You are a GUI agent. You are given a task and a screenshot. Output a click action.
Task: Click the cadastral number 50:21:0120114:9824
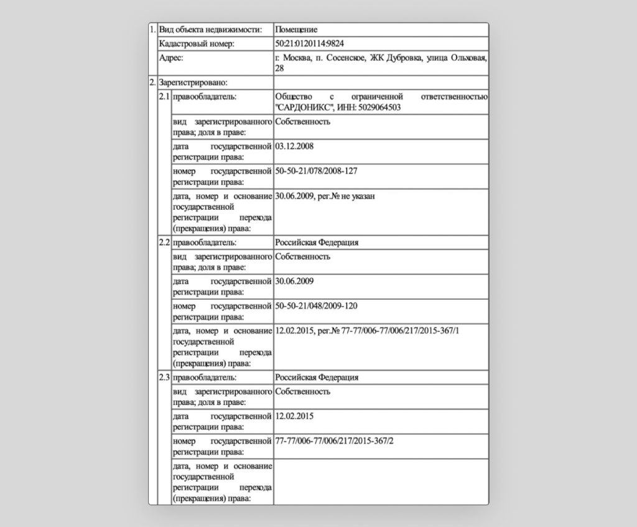[x=309, y=44]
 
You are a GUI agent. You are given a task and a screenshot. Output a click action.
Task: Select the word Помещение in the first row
[x=296, y=30]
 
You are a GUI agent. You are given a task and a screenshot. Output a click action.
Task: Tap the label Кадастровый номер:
[x=196, y=44]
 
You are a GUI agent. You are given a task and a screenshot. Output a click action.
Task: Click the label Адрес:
[x=171, y=58]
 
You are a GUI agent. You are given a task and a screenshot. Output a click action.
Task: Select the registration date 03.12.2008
[x=294, y=147]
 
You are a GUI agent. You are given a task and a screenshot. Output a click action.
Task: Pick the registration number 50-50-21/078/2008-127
[x=316, y=171]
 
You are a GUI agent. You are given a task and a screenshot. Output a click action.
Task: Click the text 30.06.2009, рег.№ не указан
[x=325, y=197]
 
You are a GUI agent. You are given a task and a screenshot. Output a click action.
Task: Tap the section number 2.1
[x=164, y=97]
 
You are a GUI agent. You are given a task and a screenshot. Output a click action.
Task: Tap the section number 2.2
[x=164, y=243]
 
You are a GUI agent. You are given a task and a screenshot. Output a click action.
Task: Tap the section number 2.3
[x=164, y=378]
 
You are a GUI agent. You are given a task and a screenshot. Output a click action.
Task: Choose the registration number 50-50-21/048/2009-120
[x=316, y=306]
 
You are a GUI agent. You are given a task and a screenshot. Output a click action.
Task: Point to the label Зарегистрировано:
[x=193, y=82]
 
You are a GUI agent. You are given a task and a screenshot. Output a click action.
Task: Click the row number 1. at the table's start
[x=153, y=30]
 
